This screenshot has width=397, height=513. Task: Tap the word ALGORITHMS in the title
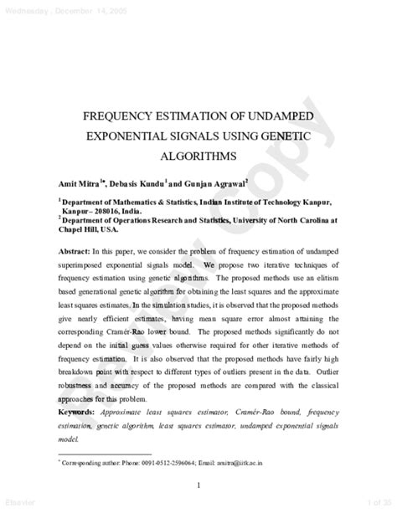[199, 156]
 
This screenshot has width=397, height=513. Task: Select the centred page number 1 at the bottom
[198, 484]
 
